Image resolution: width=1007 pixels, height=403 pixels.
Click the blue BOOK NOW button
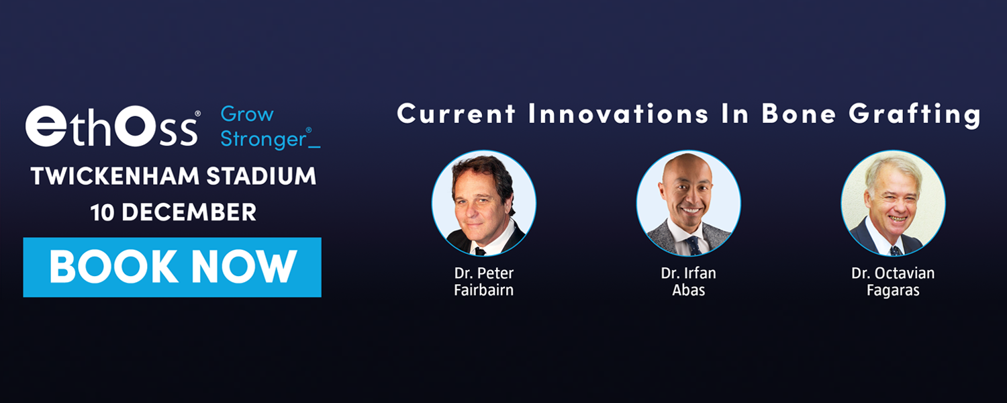172,267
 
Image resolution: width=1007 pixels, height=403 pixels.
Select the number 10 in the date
102,212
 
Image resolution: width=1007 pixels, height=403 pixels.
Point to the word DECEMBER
189,212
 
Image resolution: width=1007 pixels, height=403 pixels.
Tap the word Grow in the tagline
247,114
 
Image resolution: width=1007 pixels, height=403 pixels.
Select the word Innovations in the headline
618,114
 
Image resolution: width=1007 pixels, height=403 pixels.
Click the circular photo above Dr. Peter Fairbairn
483,203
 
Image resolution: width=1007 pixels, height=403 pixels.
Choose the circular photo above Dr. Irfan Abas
688,203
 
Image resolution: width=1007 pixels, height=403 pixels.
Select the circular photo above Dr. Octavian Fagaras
893,203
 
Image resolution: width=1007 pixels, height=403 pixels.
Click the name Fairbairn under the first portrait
483,292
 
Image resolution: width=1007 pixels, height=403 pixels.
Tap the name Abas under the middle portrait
688,292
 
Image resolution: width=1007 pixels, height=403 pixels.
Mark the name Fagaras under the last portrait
893,292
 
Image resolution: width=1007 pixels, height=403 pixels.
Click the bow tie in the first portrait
479,251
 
